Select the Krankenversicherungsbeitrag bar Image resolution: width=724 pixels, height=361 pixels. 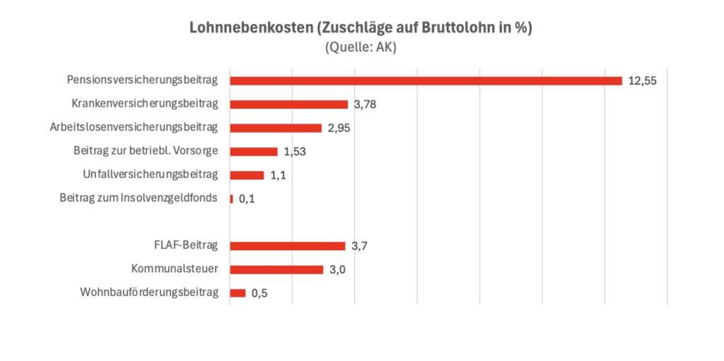pyautogui.click(x=289, y=105)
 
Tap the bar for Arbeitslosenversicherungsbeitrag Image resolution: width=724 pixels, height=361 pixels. pyautogui.click(x=276, y=128)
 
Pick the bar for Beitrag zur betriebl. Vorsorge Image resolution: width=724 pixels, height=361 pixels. pyautogui.click(x=254, y=151)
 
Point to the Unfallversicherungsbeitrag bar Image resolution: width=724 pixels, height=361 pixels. pyautogui.click(x=247, y=175)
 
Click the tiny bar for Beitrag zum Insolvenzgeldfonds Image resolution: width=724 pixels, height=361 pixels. pyautogui.click(x=231, y=199)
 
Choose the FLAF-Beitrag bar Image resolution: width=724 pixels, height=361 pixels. pyautogui.click(x=288, y=246)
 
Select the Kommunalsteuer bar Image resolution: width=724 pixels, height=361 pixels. pyautogui.click(x=276, y=269)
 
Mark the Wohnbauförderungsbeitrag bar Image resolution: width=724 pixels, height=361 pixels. pyautogui.click(x=238, y=293)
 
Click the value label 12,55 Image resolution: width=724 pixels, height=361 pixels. pyautogui.click(x=643, y=81)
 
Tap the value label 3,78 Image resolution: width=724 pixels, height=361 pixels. pyautogui.click(x=365, y=105)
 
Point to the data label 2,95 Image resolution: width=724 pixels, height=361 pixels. pyautogui.click(x=339, y=129)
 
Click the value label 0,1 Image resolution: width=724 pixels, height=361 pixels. pyautogui.click(x=247, y=199)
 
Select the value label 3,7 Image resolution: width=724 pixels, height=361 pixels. pyautogui.click(x=358, y=247)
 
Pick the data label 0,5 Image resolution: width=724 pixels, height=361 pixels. pyautogui.click(x=259, y=294)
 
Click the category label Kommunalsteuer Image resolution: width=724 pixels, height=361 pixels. pyautogui.click(x=175, y=268)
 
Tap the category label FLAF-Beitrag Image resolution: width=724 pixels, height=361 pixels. pyautogui.click(x=185, y=245)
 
